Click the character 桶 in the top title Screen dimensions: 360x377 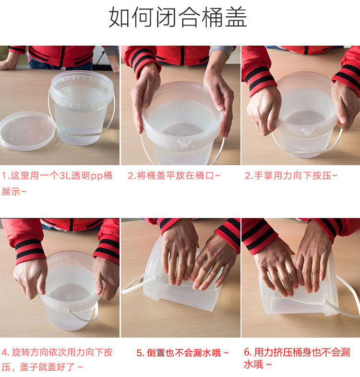coord(213,17)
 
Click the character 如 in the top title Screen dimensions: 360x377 coord(120,17)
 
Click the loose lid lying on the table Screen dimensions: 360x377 coord(27,131)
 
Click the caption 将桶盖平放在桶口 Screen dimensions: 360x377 coord(174,176)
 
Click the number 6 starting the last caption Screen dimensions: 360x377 coord(247,352)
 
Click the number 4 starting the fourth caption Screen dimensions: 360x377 coord(5,353)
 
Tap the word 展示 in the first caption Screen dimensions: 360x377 coord(11,192)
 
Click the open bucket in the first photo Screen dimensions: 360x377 coord(81,108)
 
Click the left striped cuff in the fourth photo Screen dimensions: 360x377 coord(30,251)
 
